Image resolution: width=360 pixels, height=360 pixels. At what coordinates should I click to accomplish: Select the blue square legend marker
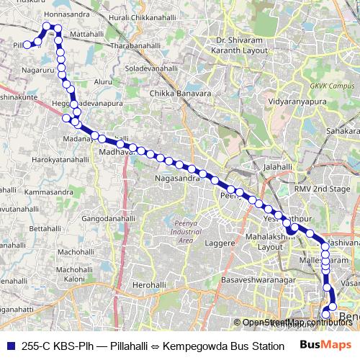(11, 345)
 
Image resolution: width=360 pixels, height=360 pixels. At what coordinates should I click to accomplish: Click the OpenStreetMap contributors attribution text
(298, 322)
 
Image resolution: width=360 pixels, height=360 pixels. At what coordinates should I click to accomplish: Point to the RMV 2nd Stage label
(322, 188)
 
